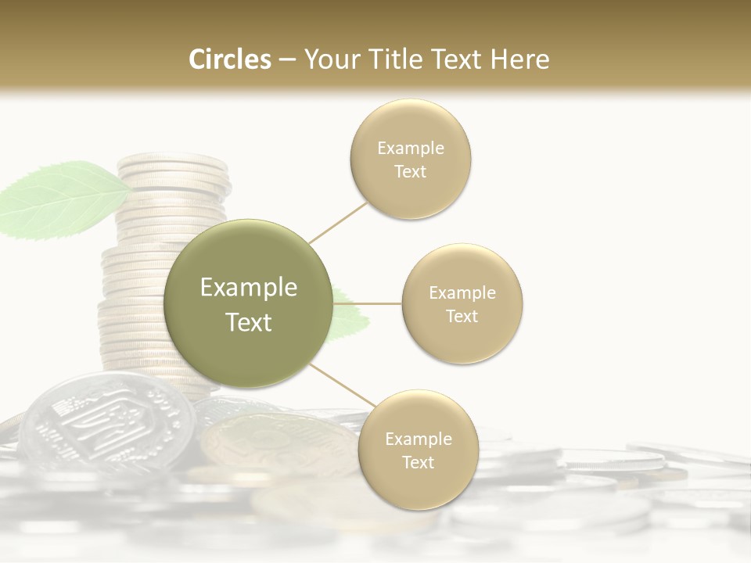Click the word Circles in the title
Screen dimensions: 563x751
pyautogui.click(x=229, y=59)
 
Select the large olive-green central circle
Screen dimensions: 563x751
pyautogui.click(x=248, y=304)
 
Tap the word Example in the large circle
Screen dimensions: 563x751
pyautogui.click(x=248, y=288)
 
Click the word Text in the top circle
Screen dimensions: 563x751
pyautogui.click(x=410, y=172)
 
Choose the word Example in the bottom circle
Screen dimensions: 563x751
pyautogui.click(x=418, y=439)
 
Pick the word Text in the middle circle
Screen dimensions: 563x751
pyautogui.click(x=462, y=317)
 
